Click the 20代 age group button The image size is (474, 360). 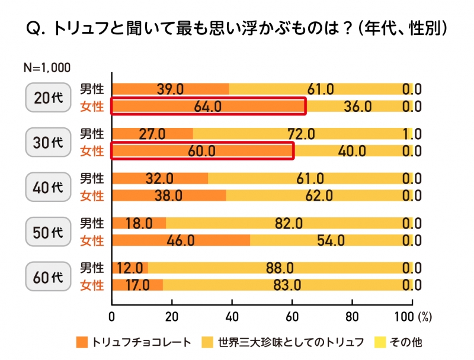[49, 98]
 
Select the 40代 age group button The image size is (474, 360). [49, 187]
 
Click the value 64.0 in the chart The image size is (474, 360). [207, 107]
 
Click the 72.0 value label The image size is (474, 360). [301, 134]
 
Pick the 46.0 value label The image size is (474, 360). [181, 241]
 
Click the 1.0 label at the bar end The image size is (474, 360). [412, 134]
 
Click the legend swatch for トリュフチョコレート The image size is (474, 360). [81, 342]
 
